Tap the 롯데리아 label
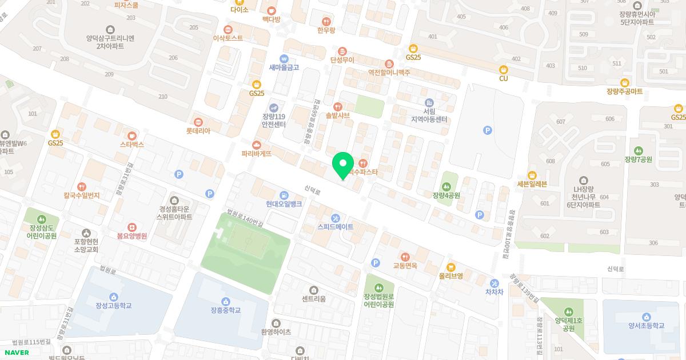point(198,131)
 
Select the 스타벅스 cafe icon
point(132,136)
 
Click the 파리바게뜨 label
point(256,154)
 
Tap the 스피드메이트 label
point(336,227)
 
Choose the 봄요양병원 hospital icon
point(132,227)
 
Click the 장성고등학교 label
point(114,306)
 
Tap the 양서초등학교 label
point(646,326)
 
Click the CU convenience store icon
point(504,69)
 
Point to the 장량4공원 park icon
point(446,186)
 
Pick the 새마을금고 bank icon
point(284,58)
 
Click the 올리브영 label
point(451,275)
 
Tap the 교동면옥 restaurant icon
point(405,257)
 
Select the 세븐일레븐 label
point(532,184)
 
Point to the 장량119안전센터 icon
point(274,107)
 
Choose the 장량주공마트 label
point(624,91)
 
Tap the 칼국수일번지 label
point(82,195)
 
